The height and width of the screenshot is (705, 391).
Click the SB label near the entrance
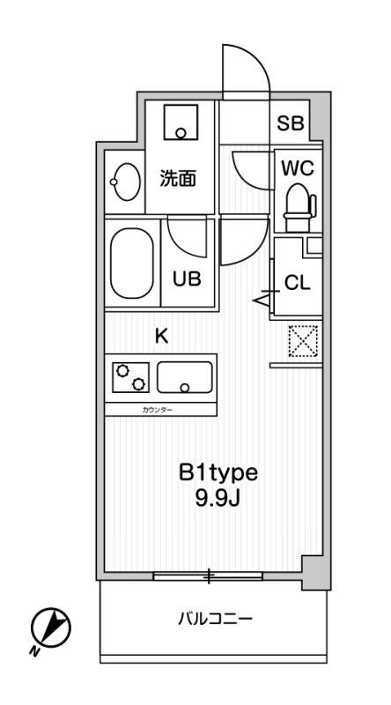[x=291, y=124]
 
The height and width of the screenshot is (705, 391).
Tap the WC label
[x=295, y=167]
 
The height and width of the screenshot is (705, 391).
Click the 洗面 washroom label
[x=177, y=179]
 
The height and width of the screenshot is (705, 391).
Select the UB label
[x=187, y=280]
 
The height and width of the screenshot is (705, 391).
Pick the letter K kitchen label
[x=161, y=336]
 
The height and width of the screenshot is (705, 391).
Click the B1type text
[x=218, y=473]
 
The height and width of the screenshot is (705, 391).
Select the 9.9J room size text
[x=218, y=498]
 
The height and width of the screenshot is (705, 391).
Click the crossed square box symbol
[x=301, y=340]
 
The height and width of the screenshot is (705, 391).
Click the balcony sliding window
[x=209, y=577]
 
